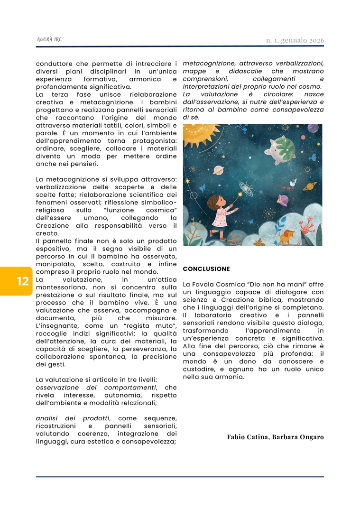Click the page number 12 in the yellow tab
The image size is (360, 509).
(x=23, y=281)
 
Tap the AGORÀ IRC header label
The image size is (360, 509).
(x=49, y=40)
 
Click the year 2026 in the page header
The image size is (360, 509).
(x=315, y=40)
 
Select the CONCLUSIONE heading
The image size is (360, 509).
(x=206, y=269)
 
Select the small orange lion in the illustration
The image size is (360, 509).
(x=286, y=235)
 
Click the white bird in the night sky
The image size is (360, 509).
(x=293, y=183)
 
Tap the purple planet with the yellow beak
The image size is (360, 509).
(x=284, y=199)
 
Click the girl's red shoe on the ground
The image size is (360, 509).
(x=222, y=238)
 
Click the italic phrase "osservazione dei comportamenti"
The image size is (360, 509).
(x=99, y=388)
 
